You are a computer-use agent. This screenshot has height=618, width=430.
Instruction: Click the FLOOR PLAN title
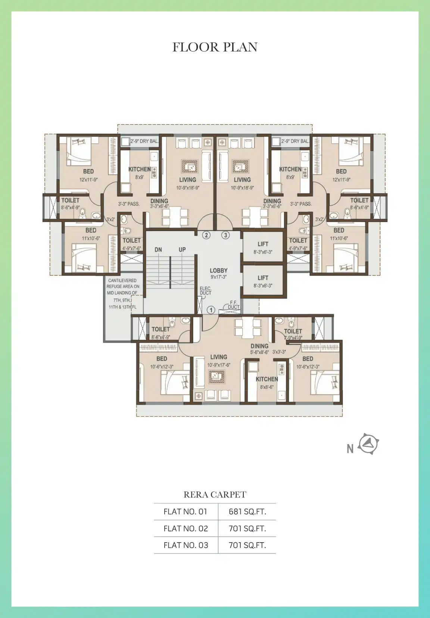tap(215, 47)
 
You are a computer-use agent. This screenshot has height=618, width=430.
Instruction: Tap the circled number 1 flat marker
tap(211, 310)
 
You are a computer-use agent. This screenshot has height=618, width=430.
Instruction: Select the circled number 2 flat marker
tap(206, 235)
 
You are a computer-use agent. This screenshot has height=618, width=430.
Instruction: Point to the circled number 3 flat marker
tap(225, 235)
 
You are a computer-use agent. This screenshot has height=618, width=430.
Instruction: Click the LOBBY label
tap(219, 270)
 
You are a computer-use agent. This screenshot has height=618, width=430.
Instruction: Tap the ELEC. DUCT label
tap(206, 290)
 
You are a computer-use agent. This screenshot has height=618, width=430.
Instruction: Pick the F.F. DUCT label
tap(234, 305)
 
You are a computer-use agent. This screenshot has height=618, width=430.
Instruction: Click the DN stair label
tap(158, 250)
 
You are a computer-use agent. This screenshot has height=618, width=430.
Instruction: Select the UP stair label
tap(182, 249)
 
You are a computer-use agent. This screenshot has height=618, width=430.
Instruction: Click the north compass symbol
tap(368, 444)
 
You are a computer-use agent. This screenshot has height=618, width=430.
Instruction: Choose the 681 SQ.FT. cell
tap(247, 512)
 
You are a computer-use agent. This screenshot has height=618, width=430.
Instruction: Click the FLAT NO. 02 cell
tap(186, 528)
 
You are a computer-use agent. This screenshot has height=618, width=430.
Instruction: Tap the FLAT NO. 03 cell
tap(186, 545)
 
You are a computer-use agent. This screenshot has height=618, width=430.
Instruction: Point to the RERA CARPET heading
tap(215, 494)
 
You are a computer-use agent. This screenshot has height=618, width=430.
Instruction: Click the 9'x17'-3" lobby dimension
tap(219, 277)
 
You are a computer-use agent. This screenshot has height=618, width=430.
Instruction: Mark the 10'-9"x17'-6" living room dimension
tap(219, 365)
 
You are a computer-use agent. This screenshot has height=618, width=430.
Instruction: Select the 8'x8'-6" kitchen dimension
tap(267, 387)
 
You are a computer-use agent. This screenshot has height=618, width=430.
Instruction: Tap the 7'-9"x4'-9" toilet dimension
tap(293, 338)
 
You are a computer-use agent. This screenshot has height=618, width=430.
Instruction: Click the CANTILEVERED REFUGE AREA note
tap(123, 294)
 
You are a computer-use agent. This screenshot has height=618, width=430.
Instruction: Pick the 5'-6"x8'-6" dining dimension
tap(259, 352)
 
